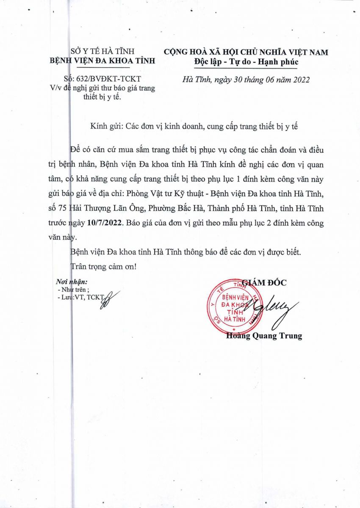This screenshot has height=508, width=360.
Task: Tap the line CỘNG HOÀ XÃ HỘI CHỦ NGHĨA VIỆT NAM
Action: (246, 52)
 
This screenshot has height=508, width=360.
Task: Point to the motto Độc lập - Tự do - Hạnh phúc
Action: (246, 62)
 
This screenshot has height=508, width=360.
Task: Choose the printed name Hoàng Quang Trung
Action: (264, 336)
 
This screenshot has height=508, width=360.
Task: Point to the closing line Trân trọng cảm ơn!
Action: (103, 267)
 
